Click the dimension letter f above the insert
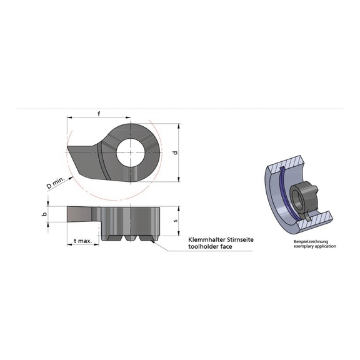pos(100,113)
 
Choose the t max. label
pos(82,241)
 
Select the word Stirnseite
pos(237,239)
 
